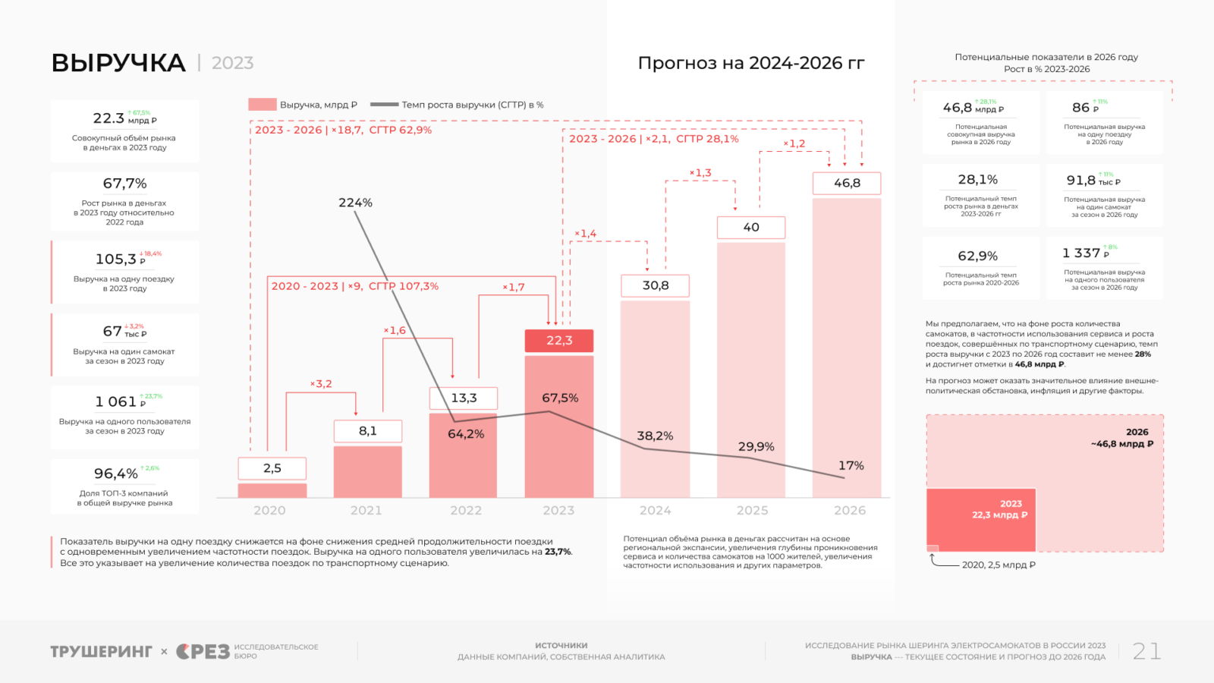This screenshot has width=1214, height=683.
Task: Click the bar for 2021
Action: click(x=367, y=471)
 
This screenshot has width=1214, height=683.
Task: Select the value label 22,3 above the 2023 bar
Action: click(x=559, y=341)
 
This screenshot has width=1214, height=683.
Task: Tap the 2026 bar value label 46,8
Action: click(x=847, y=183)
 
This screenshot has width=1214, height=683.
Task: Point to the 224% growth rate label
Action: click(x=355, y=203)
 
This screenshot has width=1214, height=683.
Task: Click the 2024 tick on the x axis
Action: click(x=655, y=511)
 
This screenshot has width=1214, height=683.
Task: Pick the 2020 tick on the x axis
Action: click(x=269, y=511)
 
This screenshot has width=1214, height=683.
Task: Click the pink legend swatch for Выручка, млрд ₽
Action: click(x=263, y=105)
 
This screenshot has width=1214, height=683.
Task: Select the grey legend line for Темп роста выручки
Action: click(x=384, y=105)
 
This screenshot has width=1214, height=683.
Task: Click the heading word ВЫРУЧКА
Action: click(x=118, y=63)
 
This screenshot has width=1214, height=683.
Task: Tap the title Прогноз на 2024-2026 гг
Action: click(x=750, y=63)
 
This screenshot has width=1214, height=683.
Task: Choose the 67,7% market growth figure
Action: click(x=125, y=184)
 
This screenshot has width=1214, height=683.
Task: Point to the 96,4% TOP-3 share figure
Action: click(x=116, y=474)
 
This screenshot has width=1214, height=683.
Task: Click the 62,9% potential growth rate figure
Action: click(x=977, y=256)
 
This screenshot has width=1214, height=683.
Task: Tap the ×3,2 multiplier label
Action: click(x=321, y=384)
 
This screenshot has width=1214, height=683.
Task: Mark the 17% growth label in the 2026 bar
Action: click(x=851, y=465)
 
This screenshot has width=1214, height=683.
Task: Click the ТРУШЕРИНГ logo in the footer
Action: click(x=101, y=652)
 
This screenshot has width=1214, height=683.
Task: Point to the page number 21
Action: click(x=1146, y=651)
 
